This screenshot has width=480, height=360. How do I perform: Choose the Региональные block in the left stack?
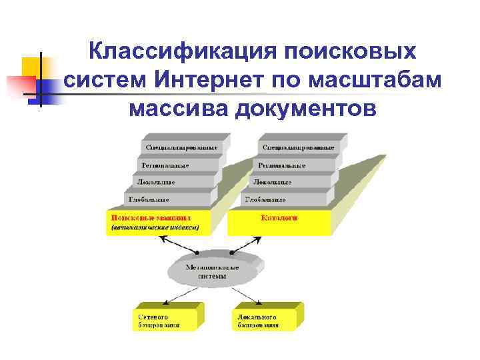point(171,165)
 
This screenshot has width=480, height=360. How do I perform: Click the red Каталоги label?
point(279,217)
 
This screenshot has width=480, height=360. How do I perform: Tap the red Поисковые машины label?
point(151,217)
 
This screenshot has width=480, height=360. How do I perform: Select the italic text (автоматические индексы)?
point(155,227)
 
